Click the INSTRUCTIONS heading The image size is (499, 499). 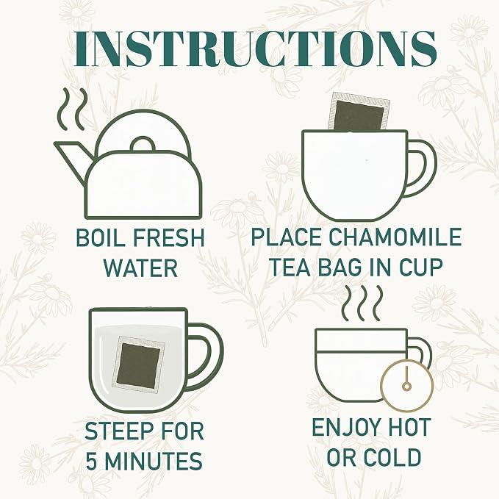pyautogui.click(x=255, y=49)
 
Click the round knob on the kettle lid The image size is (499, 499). pyautogui.click(x=143, y=143)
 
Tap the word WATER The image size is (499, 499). pyautogui.click(x=140, y=268)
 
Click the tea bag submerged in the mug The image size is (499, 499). pyautogui.click(x=138, y=363)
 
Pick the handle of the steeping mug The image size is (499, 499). pyautogui.click(x=205, y=356)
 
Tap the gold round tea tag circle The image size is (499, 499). pyautogui.click(x=407, y=386)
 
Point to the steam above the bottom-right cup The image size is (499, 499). pyautogui.click(x=362, y=303)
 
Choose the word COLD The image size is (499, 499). pyautogui.click(x=392, y=457)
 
